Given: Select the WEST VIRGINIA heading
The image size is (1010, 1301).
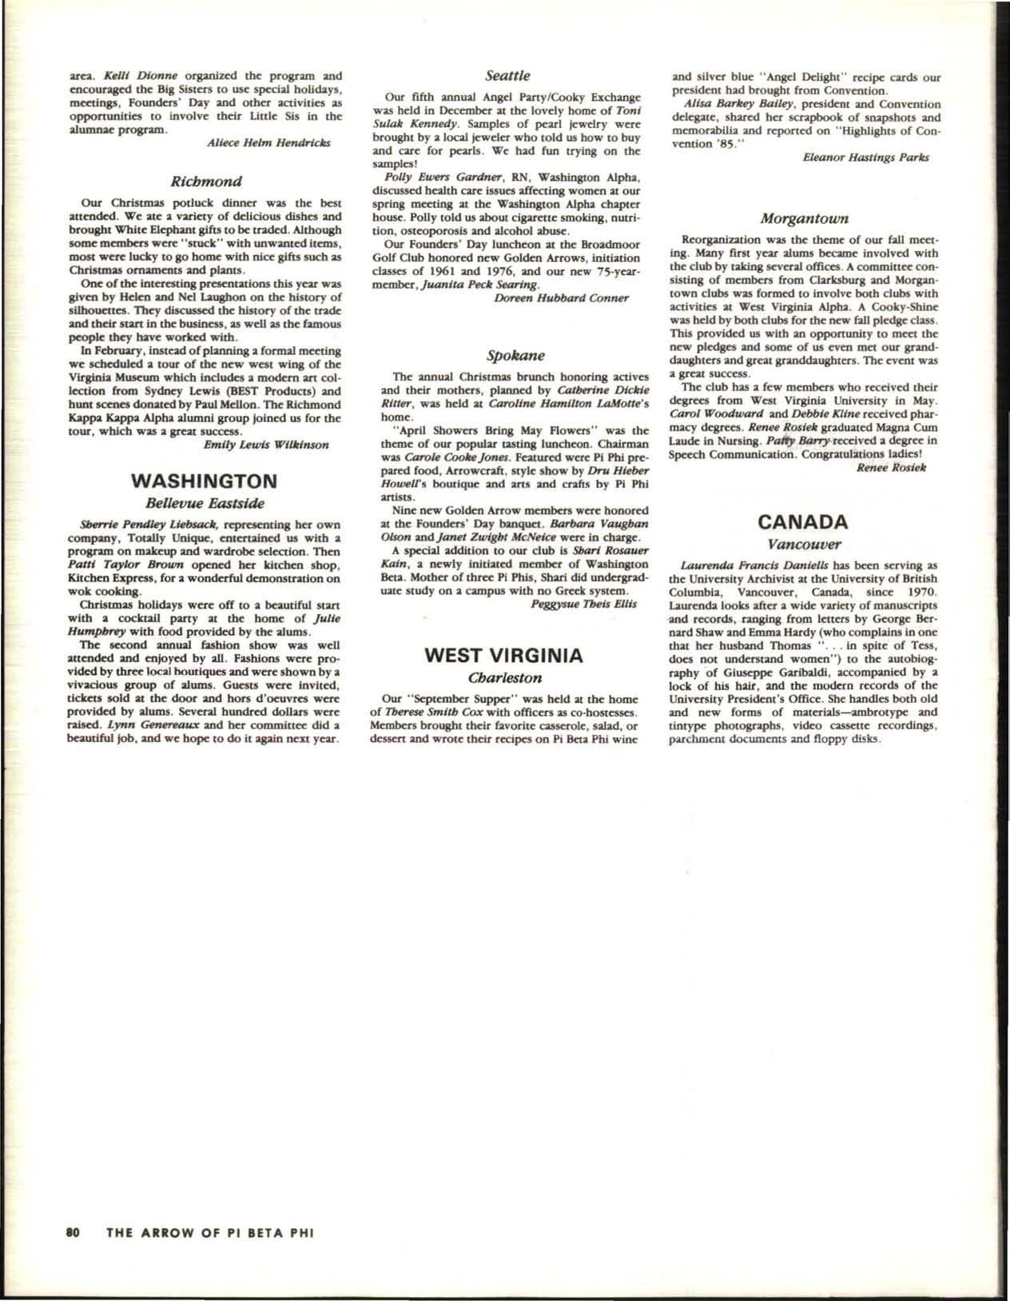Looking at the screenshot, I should point(503,656).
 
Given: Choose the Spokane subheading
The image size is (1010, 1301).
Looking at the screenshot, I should point(505,354).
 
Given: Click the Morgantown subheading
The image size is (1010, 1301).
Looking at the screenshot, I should point(804,217).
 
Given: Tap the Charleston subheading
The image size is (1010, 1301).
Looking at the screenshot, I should point(505,678).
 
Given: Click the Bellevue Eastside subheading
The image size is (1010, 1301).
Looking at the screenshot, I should point(204,504).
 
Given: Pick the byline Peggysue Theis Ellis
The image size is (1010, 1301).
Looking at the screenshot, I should point(583,604).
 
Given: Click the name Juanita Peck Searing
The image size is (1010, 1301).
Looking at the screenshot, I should point(473,285).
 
